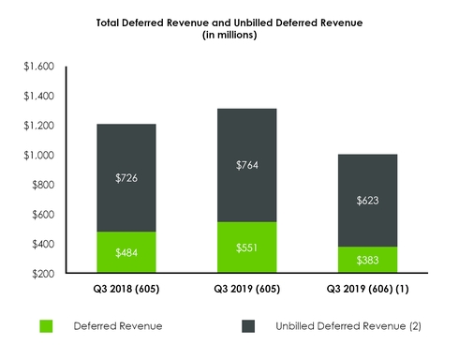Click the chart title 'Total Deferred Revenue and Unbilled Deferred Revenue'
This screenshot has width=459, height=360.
point(229,23)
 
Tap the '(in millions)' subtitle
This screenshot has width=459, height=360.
point(229,37)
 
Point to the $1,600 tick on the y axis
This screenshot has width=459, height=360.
point(39,67)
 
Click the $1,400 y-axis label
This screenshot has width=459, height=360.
point(39,97)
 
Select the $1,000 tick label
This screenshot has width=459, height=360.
point(39,156)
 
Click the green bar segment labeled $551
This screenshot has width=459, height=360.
point(243,247)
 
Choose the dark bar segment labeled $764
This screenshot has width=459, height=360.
point(243,165)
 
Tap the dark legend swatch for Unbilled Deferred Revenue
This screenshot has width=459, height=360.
point(251,326)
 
